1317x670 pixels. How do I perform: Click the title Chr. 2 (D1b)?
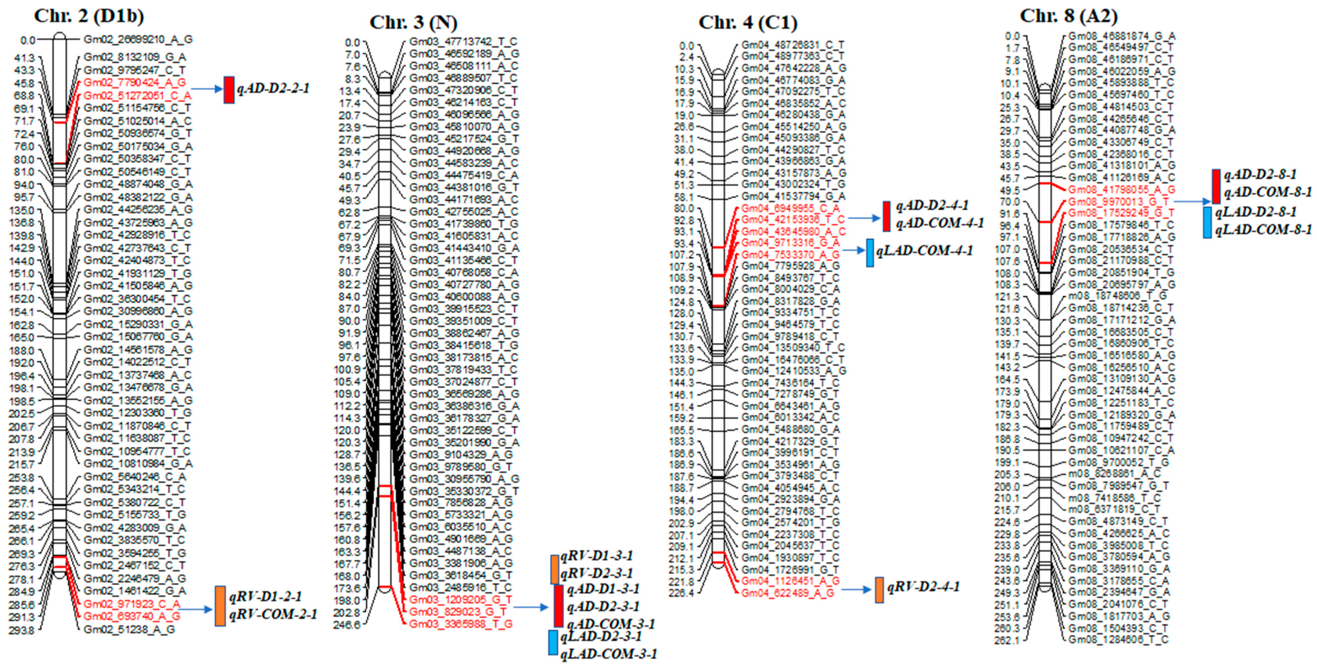(89, 16)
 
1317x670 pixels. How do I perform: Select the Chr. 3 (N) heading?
(413, 22)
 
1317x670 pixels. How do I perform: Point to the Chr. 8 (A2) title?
(1069, 16)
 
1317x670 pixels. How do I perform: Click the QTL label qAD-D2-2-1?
(273, 89)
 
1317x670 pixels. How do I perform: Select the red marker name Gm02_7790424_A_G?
(135, 82)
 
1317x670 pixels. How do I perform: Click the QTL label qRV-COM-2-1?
(273, 614)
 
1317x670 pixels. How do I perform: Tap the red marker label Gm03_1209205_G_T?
(460, 600)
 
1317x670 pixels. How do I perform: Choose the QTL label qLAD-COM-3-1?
(608, 654)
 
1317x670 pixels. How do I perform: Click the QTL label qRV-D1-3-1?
(597, 556)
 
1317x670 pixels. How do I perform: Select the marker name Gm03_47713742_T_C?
(463, 42)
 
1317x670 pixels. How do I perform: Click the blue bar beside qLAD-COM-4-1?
(870, 252)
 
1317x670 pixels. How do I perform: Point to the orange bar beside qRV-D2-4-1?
(879, 590)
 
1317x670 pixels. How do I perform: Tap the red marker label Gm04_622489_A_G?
(787, 593)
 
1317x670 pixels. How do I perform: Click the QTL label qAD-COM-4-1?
(940, 224)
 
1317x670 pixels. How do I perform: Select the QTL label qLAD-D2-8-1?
(1256, 212)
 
